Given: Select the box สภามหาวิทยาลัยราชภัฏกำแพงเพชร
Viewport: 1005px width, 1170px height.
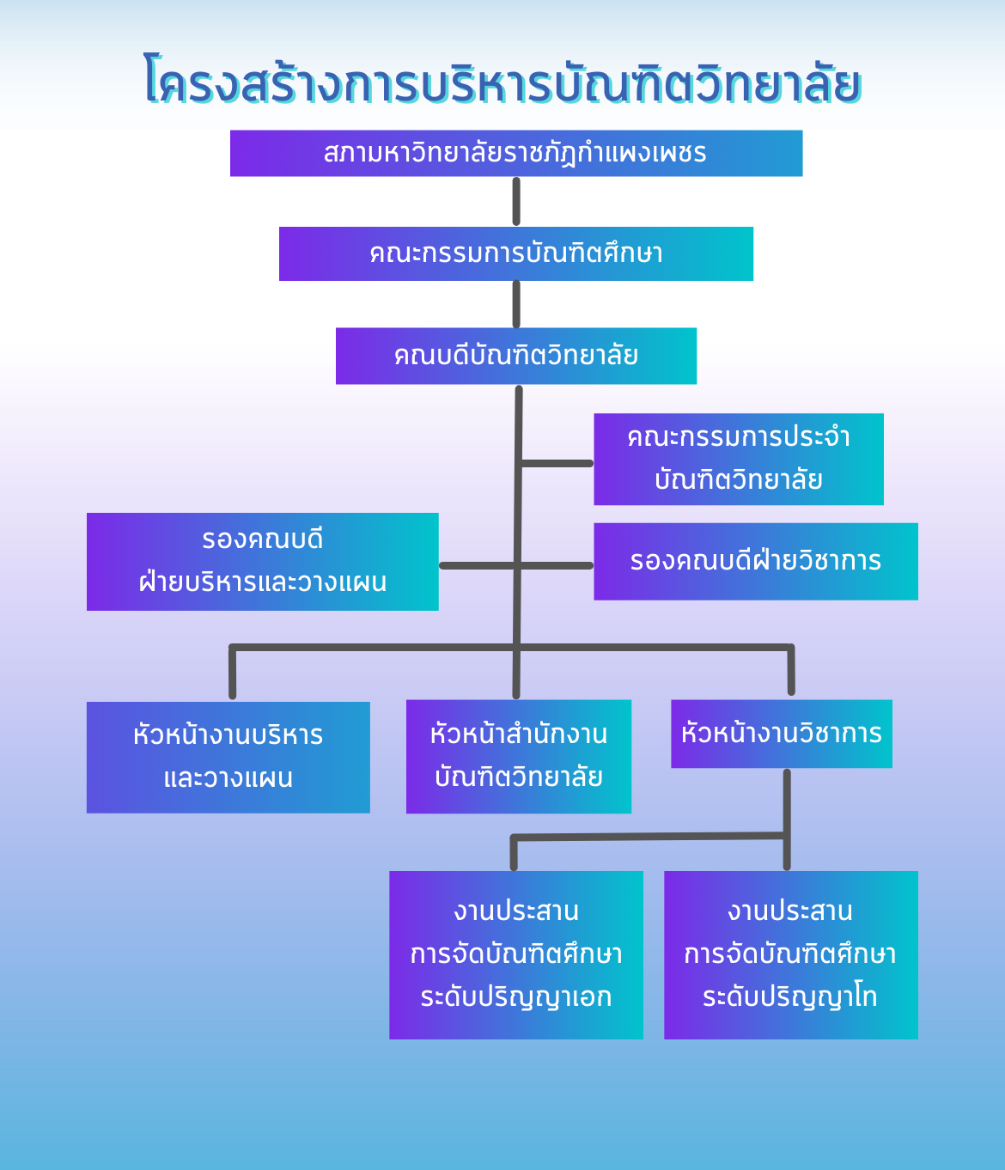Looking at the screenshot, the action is pyautogui.click(x=516, y=154).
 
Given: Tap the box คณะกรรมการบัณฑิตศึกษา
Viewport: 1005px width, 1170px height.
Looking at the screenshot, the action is pyautogui.click(x=516, y=253).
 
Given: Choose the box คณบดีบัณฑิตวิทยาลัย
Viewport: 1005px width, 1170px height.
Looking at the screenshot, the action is pyautogui.click(x=516, y=356).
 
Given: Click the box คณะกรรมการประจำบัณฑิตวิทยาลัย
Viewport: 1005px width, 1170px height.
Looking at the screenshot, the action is pyautogui.click(x=739, y=459).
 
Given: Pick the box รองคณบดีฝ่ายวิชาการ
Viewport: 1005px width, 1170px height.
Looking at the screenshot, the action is pyautogui.click(x=756, y=562).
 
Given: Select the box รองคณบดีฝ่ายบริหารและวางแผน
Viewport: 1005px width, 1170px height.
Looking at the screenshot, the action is pyautogui.click(x=263, y=562).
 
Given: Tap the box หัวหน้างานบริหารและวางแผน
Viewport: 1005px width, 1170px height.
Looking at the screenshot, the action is pyautogui.click(x=228, y=758).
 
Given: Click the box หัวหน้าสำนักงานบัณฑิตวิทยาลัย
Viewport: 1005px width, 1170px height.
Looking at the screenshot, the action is pyautogui.click(x=519, y=757).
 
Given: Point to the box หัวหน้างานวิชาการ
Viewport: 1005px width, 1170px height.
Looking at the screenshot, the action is pyautogui.click(x=782, y=734).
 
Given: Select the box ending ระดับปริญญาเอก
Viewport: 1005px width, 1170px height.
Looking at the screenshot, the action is pyautogui.click(x=516, y=955).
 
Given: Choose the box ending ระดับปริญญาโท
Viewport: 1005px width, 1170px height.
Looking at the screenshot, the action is pyautogui.click(x=791, y=955).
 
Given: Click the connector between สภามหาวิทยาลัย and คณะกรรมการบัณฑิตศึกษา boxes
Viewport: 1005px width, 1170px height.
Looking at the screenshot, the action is pyautogui.click(x=516, y=202).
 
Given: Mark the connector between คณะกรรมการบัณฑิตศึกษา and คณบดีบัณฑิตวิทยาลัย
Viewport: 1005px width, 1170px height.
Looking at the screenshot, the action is pyautogui.click(x=516, y=304).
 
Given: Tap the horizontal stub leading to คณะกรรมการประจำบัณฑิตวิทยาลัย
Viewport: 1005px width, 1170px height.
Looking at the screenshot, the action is pyautogui.click(x=556, y=464).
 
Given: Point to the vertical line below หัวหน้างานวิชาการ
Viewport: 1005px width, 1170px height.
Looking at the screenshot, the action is pyautogui.click(x=787, y=819).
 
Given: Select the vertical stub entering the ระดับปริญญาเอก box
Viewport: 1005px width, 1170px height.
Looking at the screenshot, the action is pyautogui.click(x=514, y=852).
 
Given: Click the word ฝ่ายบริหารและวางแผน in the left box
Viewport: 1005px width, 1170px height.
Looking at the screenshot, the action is pyautogui.click(x=263, y=582).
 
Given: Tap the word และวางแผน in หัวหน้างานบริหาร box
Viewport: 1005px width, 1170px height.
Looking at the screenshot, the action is pyautogui.click(x=228, y=778).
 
